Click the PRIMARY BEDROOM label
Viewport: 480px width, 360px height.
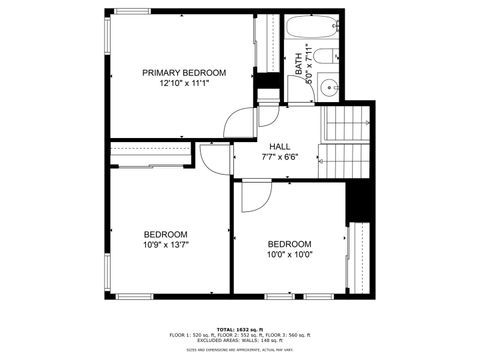click(183, 73)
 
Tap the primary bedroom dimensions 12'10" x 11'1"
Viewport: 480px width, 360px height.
click(183, 84)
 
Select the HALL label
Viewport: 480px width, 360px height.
click(280, 146)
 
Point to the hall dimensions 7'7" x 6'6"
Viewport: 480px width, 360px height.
click(280, 157)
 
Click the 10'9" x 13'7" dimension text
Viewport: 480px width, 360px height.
click(167, 244)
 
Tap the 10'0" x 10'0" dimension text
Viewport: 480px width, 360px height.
click(289, 254)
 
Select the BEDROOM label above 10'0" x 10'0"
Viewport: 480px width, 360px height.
click(289, 243)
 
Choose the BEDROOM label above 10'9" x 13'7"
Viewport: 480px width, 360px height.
click(167, 233)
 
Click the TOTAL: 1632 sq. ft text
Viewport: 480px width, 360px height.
click(239, 328)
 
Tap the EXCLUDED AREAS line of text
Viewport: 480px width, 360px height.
click(239, 340)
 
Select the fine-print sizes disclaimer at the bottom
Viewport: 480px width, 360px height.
click(239, 350)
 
